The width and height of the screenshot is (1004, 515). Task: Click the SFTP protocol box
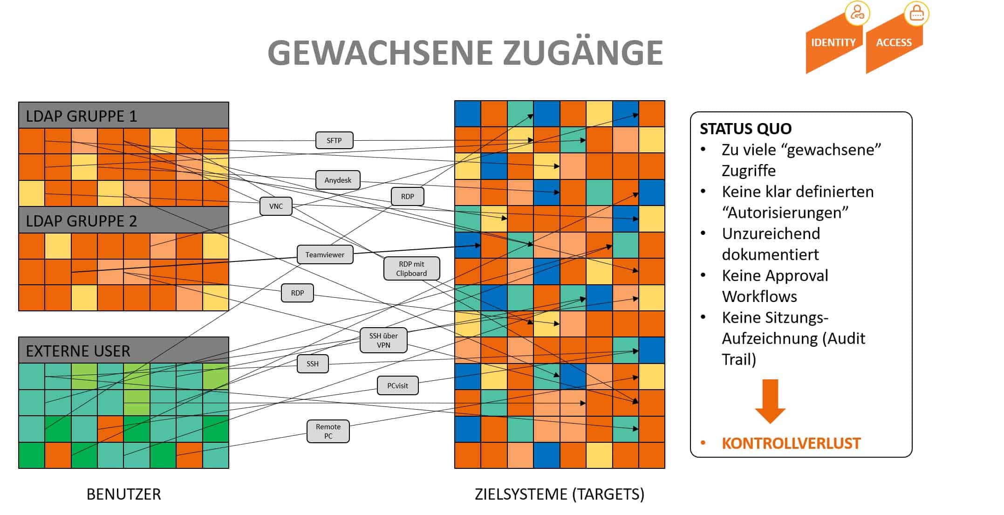pos(334,140)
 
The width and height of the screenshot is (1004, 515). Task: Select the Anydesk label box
pos(338,180)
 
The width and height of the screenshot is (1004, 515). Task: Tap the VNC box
pos(276,206)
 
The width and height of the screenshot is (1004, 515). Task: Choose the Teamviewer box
pos(325,254)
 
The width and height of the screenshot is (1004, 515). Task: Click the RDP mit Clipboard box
pos(411,268)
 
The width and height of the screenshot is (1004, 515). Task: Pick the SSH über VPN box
pos(383,340)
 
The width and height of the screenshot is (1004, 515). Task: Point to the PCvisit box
pos(397,385)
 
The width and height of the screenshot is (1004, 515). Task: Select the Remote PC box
pos(328,431)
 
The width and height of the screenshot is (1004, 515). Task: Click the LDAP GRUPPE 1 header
pos(123,115)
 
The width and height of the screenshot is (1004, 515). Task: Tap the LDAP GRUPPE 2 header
pos(123,220)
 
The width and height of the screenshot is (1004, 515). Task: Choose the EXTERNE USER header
pos(123,350)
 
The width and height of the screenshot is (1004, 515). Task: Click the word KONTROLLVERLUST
pos(791,443)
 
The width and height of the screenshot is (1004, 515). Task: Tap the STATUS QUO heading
pos(745,129)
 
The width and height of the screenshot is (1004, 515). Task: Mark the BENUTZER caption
pos(123,494)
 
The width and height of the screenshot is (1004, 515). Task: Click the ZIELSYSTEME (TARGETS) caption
pos(560,494)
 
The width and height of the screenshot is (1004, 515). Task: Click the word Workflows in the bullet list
pos(759,296)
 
